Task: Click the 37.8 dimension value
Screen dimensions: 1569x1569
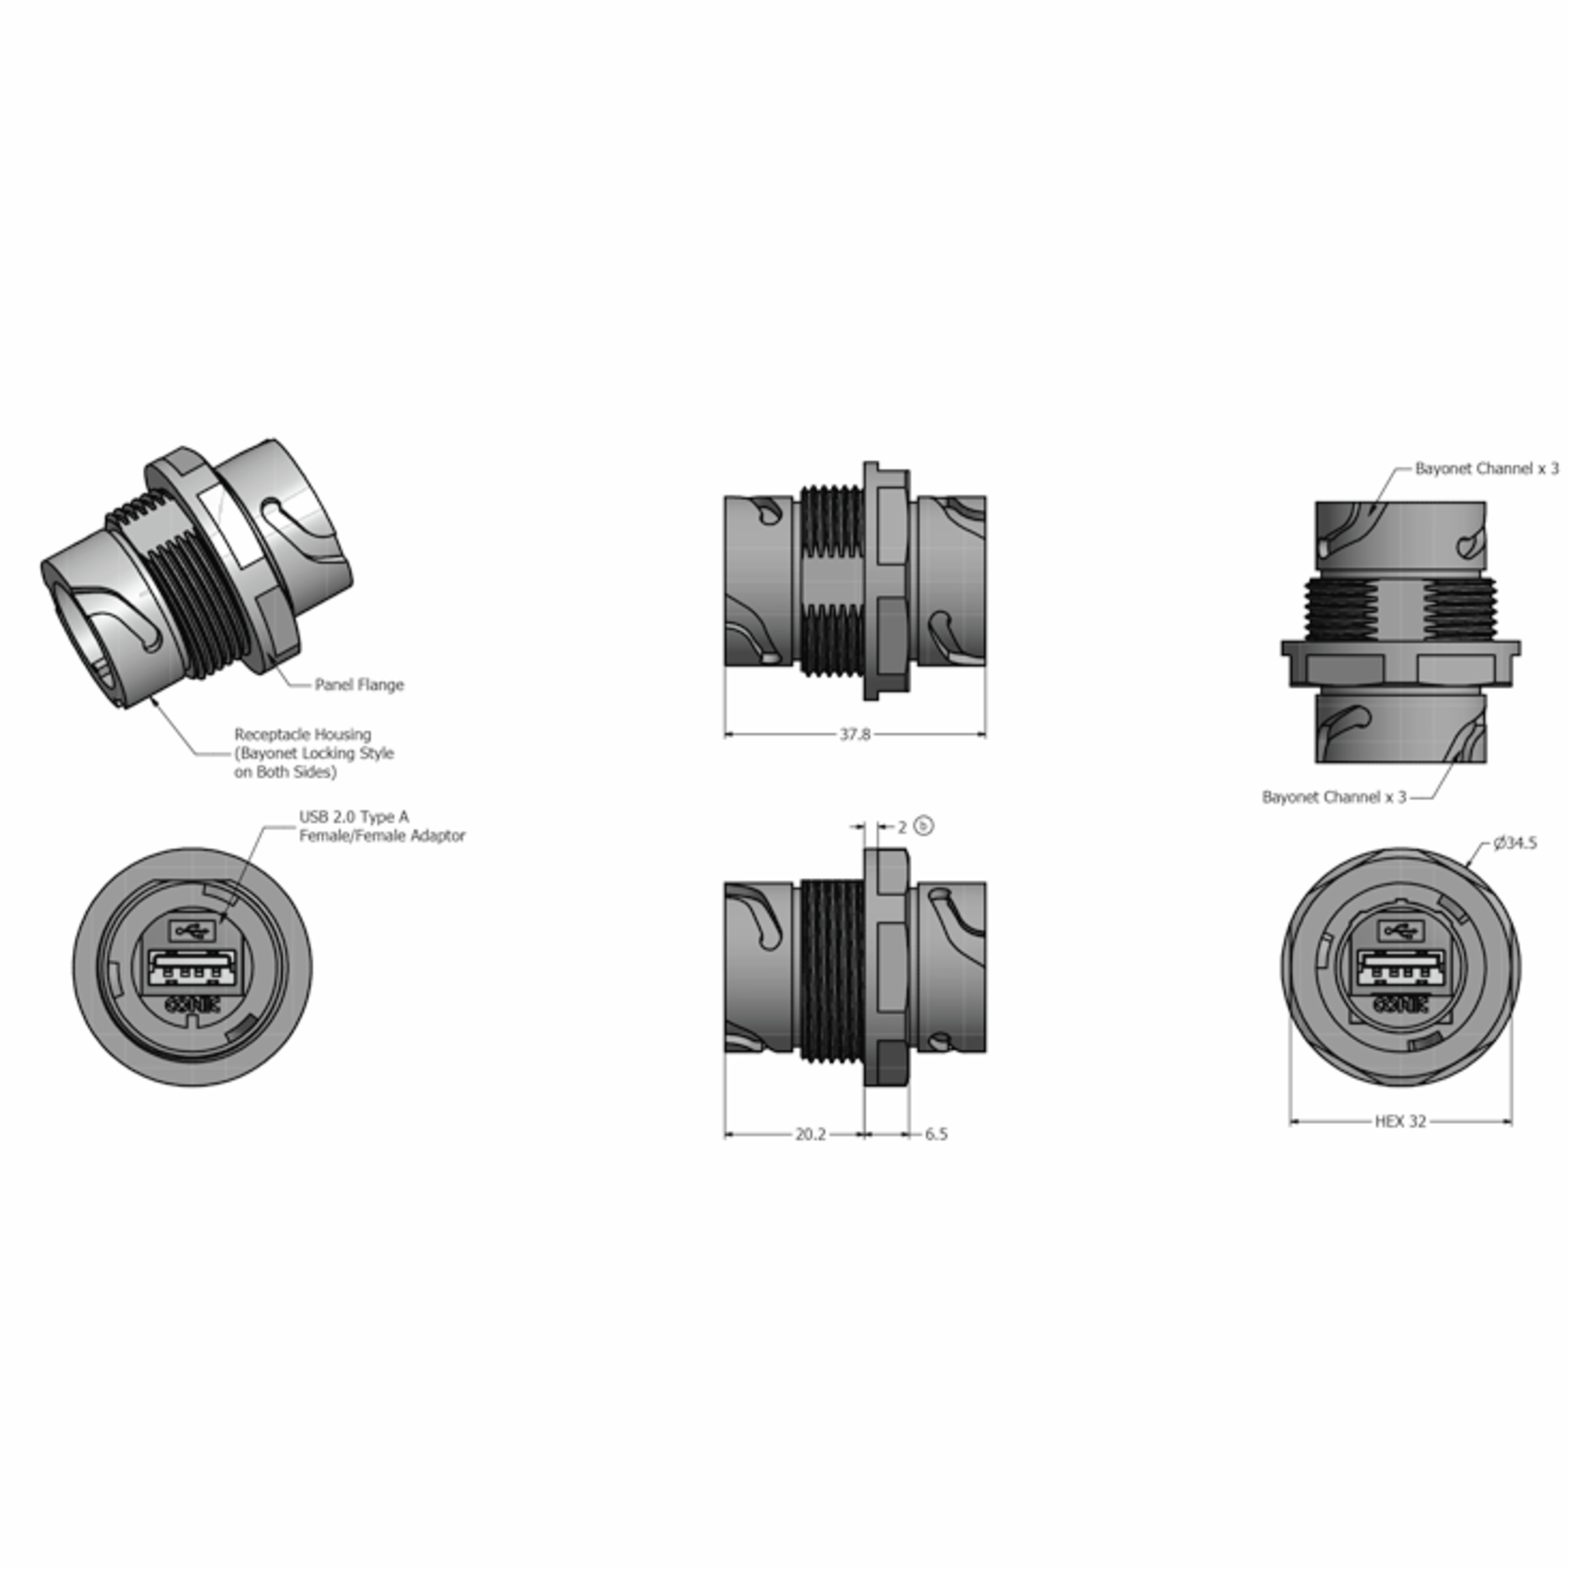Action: tap(854, 734)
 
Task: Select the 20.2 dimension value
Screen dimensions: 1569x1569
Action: tap(810, 1134)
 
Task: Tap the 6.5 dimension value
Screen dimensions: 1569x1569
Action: tap(936, 1134)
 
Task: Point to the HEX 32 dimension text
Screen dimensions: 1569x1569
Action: tap(1400, 1122)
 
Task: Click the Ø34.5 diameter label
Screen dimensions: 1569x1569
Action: tap(1515, 843)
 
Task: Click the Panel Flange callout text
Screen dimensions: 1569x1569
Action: tap(359, 684)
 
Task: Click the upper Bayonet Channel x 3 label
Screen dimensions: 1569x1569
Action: tap(1486, 469)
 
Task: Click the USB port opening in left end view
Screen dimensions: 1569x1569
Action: tap(192, 968)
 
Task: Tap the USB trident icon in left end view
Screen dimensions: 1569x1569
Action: tap(192, 930)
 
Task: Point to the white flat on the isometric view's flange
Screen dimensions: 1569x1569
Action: tap(232, 524)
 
